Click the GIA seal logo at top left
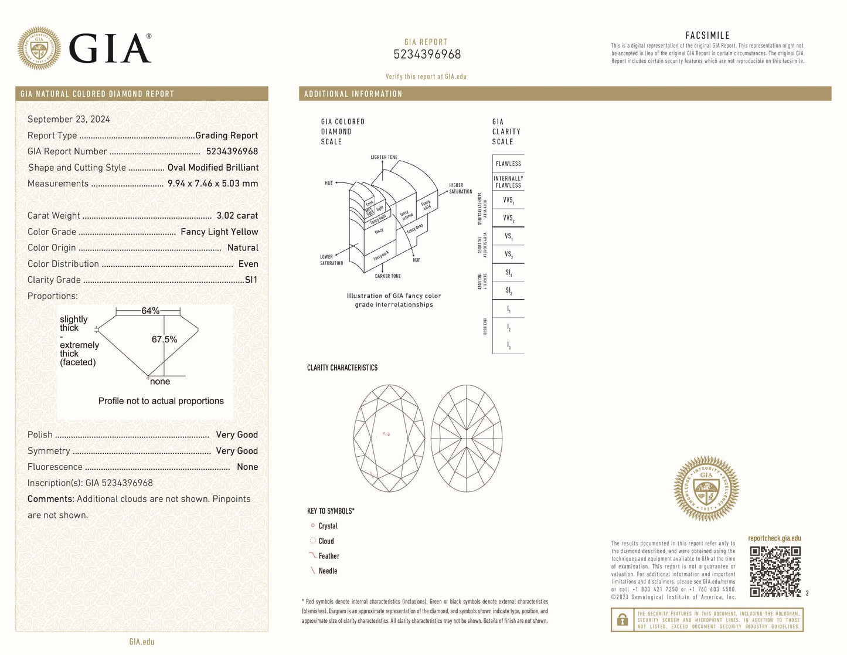pyautogui.click(x=39, y=48)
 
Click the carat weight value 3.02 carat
pyautogui.click(x=237, y=216)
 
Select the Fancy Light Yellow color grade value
pyautogui.click(x=219, y=232)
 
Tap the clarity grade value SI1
pyautogui.click(x=251, y=280)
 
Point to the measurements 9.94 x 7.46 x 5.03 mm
pyautogui.click(x=213, y=184)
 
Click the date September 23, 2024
pyautogui.click(x=69, y=119)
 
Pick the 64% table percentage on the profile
pyautogui.click(x=150, y=311)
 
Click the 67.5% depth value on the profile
pyautogui.click(x=164, y=340)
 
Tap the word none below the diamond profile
pyautogui.click(x=160, y=381)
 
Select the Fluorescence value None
pyautogui.click(x=247, y=467)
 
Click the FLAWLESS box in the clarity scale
pyautogui.click(x=508, y=164)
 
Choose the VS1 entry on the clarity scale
pyautogui.click(x=508, y=236)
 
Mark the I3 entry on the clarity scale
pyautogui.click(x=508, y=345)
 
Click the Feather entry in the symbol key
pyautogui.click(x=329, y=556)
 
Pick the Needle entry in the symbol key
pyautogui.click(x=328, y=571)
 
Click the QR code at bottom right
pyautogui.click(x=775, y=571)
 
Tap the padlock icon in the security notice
pyautogui.click(x=623, y=620)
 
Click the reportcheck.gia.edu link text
pyautogui.click(x=774, y=538)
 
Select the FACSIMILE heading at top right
pyautogui.click(x=707, y=36)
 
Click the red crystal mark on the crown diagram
pyautogui.click(x=389, y=434)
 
